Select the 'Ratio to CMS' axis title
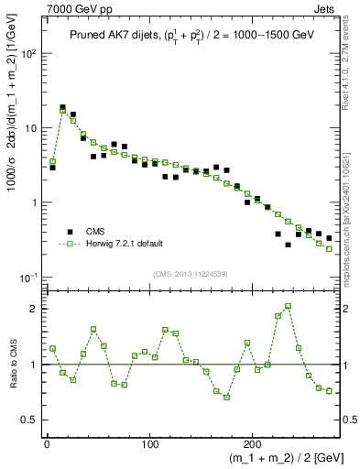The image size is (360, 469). (12, 365)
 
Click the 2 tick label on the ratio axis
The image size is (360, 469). (35, 309)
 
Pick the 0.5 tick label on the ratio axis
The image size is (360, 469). (31, 420)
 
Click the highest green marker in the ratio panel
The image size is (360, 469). (288, 306)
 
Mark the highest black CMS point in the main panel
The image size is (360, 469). (62, 107)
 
